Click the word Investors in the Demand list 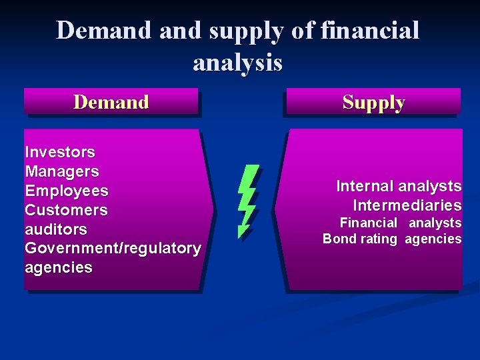coord(60,152)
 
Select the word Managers coord(62,171)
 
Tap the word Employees coord(67,191)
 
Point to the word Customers coord(66,210)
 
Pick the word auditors coord(56,229)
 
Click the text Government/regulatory coord(113,249)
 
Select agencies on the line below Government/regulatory coord(59,268)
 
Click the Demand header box coord(111,102)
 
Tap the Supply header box coord(373,102)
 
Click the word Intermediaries coord(407,205)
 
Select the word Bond coord(340,239)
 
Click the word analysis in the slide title coord(237,63)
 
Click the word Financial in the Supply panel coord(369,223)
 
